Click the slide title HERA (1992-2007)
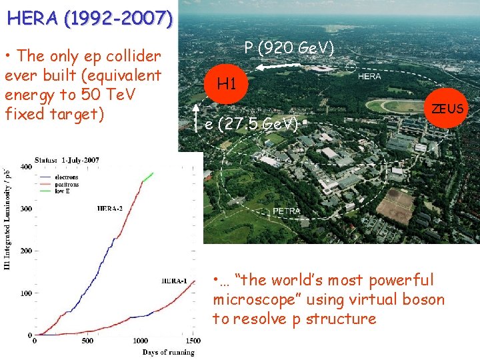(x=90, y=17)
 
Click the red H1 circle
(x=227, y=84)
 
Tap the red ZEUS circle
(x=447, y=109)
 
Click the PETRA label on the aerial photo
(x=287, y=211)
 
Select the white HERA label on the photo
(x=369, y=77)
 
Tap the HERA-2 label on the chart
(x=111, y=209)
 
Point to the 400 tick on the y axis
(x=25, y=166)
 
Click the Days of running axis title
(x=168, y=351)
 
